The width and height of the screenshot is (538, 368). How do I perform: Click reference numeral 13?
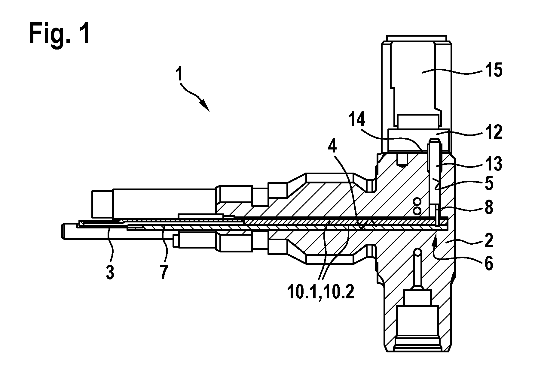[x=494, y=164]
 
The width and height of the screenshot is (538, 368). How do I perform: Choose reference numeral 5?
[x=489, y=184]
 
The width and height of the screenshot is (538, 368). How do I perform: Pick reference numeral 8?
[x=489, y=207]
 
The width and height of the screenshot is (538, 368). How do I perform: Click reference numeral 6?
[x=489, y=264]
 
